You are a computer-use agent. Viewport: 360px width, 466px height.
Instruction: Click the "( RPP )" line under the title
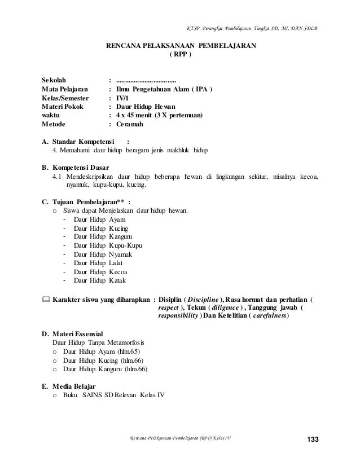[181, 55]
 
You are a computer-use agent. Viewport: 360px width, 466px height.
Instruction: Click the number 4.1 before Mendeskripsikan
[58, 177]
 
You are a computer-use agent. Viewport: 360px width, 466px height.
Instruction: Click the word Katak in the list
[116, 280]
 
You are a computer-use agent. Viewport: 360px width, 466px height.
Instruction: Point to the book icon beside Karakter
[46, 298]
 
